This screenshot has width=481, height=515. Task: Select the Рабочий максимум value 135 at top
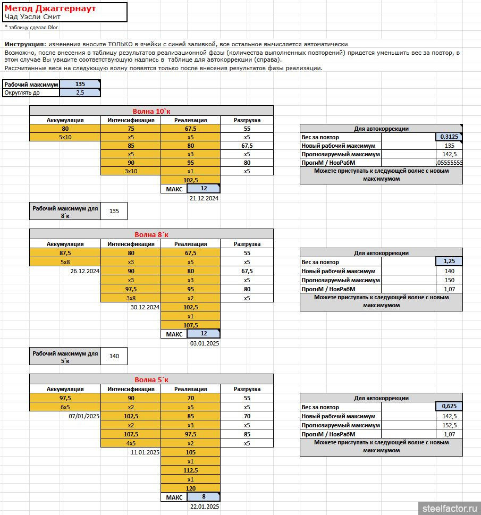(80, 84)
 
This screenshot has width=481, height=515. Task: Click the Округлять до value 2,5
(80, 92)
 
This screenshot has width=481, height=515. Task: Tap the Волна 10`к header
(151, 111)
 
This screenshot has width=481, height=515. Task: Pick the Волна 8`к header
(151, 234)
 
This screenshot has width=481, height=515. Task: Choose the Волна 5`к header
(151, 379)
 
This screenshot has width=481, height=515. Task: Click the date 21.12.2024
(204, 198)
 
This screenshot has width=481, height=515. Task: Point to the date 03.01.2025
(204, 343)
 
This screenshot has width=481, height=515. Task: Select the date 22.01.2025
(204, 506)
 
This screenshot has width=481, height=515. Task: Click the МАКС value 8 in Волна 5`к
(204, 497)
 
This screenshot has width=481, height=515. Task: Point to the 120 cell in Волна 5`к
(190, 488)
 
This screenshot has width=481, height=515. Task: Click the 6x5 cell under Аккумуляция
(65, 407)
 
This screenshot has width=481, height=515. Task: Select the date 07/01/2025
(85, 416)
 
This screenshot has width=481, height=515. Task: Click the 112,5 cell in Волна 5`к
(190, 470)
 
